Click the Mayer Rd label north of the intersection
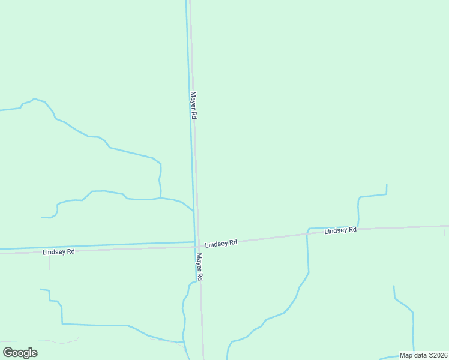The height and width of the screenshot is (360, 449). point(193,104)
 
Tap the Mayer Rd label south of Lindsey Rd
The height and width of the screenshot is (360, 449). point(200,267)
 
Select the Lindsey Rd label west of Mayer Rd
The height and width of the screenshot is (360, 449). point(59,252)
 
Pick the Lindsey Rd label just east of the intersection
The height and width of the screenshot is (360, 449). point(221,244)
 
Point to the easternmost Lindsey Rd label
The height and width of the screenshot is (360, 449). point(340,230)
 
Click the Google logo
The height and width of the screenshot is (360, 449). point(20,353)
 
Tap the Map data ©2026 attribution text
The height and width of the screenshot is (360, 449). point(424,355)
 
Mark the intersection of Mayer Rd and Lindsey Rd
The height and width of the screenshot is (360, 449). point(197,246)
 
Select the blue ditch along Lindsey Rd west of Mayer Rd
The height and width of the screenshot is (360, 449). point(96,246)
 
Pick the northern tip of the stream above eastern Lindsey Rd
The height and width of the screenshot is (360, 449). point(387,185)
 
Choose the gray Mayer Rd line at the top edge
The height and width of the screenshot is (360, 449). point(190,2)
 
